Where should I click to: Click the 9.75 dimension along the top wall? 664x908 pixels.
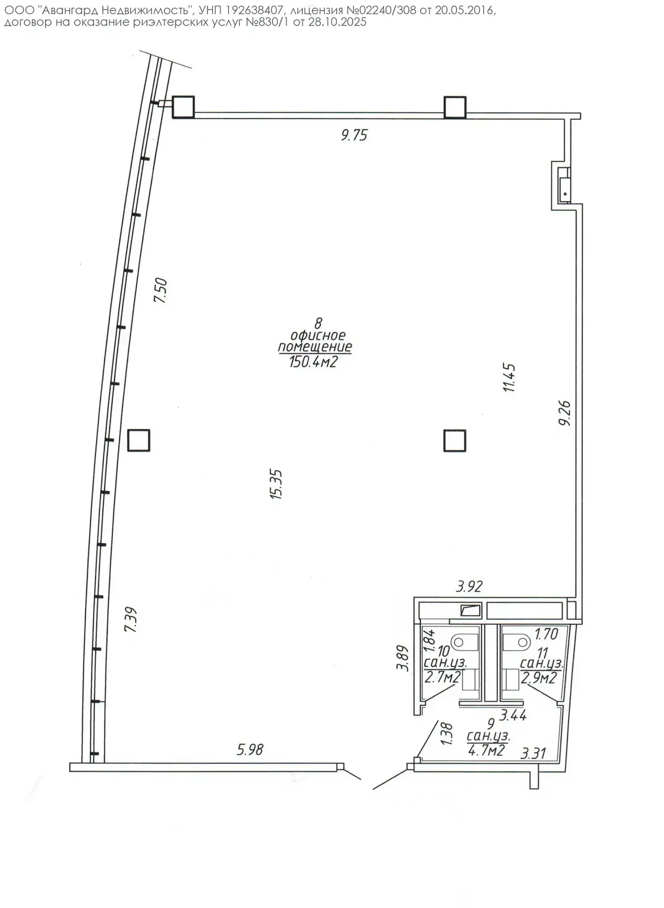(354, 135)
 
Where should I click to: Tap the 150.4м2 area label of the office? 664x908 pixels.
(313, 361)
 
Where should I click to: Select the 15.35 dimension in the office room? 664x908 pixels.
(276, 484)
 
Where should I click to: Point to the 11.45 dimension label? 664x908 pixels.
(509, 377)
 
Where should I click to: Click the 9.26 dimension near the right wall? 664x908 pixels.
(564, 413)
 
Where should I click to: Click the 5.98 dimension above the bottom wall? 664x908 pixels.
(250, 750)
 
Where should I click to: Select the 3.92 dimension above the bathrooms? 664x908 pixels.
(469, 586)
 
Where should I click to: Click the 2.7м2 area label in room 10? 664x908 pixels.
(442, 677)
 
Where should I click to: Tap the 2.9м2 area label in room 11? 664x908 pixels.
(539, 678)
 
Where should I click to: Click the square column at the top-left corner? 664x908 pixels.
(183, 107)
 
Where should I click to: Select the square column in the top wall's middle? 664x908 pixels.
(455, 107)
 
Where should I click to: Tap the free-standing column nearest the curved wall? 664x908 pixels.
(138, 440)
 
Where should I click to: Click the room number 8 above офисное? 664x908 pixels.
(318, 323)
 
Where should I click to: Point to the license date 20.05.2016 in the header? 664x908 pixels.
(464, 10)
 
